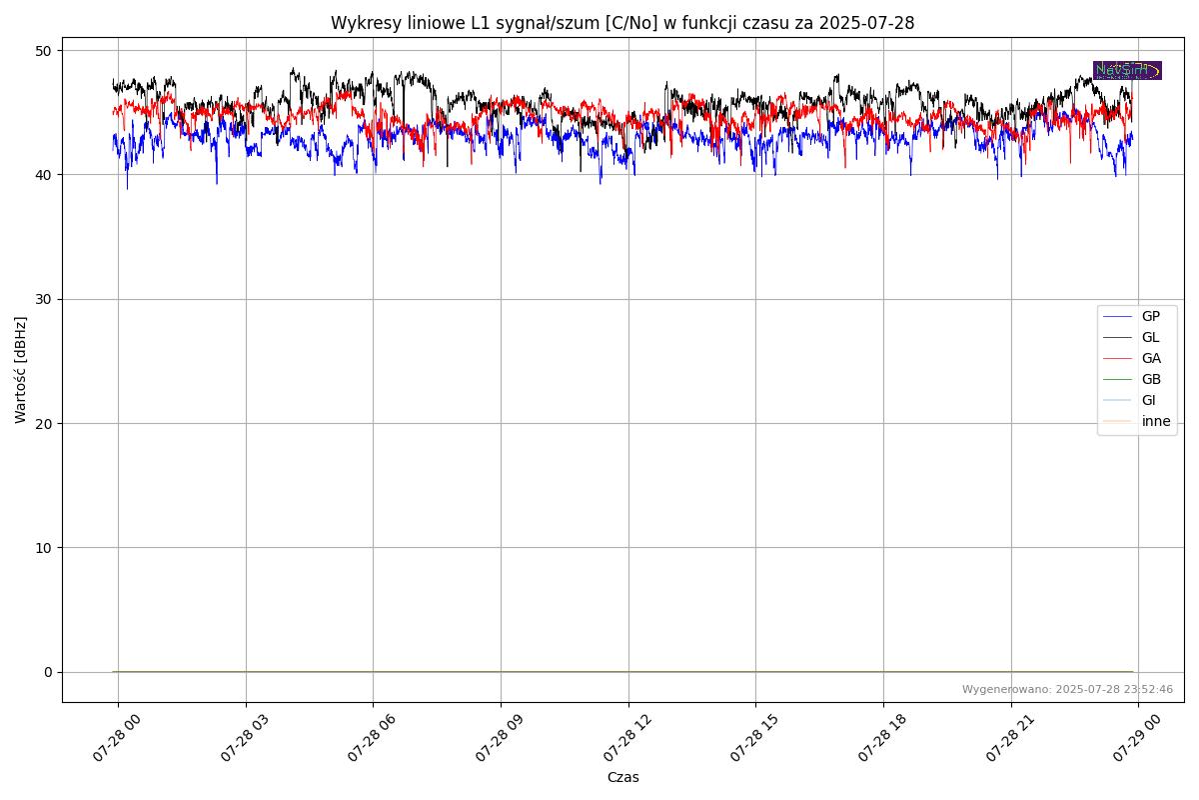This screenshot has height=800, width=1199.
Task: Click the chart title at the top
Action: (x=622, y=23)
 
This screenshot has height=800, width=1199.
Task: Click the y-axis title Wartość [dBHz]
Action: (x=21, y=369)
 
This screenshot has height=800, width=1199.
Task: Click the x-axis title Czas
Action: (x=622, y=777)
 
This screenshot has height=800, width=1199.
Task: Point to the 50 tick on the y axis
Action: (x=44, y=50)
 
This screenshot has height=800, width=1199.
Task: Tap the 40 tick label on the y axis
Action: (x=44, y=175)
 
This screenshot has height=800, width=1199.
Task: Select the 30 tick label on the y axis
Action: (x=44, y=299)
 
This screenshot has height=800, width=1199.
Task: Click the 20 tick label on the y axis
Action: (x=44, y=423)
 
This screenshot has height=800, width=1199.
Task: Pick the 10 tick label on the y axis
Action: (x=44, y=548)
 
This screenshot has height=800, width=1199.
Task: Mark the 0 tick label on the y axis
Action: (x=48, y=672)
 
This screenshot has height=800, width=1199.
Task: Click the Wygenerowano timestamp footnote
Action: (x=1067, y=689)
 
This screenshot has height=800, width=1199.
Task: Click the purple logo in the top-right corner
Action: (x=1127, y=70)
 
